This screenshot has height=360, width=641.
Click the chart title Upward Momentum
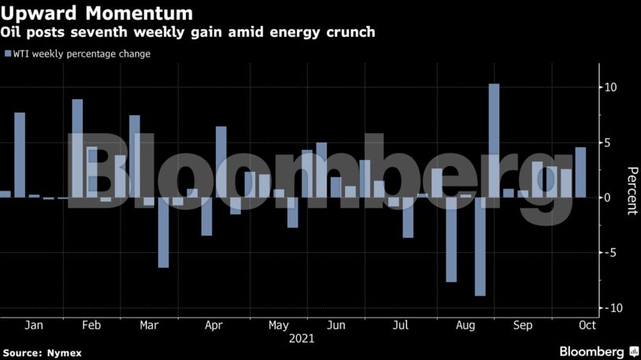[97, 13]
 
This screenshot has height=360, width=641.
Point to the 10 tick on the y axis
[610, 87]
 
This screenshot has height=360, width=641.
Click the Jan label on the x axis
[34, 325]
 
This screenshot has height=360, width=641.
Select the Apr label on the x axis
[213, 325]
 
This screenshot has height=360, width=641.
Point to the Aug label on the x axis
[466, 325]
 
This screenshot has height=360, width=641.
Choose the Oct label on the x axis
[587, 325]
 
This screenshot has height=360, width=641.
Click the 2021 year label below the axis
[302, 339]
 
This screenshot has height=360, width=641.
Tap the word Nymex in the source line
[64, 351]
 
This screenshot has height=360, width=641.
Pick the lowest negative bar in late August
[480, 246]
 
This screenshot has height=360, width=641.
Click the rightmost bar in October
[580, 172]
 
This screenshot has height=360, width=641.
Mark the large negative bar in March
[163, 232]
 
